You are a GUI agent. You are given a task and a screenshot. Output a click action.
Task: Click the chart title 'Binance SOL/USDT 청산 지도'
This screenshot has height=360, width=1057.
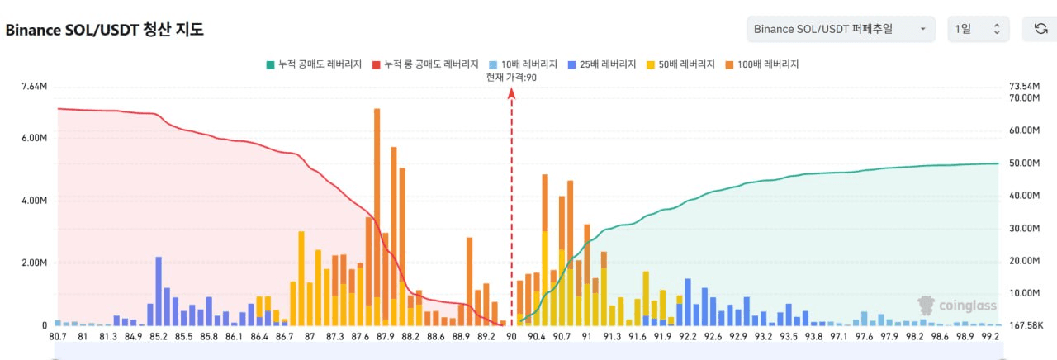[x=105, y=30]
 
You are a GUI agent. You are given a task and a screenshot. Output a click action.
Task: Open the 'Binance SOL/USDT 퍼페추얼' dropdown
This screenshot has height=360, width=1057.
[x=840, y=29]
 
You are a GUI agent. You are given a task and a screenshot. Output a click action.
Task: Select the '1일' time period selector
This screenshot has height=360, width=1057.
[x=978, y=29]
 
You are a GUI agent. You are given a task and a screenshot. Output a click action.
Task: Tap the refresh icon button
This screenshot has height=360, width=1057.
[x=1040, y=29]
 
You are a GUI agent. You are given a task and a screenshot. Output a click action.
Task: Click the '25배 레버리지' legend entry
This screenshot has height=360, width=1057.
[x=601, y=64]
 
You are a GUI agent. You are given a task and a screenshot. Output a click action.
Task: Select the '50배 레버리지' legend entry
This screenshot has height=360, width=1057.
[x=681, y=64]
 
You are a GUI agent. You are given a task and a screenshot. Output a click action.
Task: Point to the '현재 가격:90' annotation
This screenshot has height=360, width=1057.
[x=512, y=78]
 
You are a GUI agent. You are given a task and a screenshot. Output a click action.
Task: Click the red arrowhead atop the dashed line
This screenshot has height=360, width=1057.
[x=512, y=93]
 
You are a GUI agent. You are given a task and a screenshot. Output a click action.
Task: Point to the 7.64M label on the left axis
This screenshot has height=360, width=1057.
[x=33, y=87]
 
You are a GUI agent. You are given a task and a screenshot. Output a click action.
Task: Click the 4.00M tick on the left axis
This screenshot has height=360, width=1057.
[x=33, y=201]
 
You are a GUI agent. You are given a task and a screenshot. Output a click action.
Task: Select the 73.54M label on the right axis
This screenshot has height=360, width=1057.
[x=1024, y=87]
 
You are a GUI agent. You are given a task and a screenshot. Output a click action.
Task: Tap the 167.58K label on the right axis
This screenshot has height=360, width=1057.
[x=1026, y=325]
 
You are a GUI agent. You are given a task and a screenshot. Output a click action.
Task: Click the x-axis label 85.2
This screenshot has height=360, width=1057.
[x=159, y=337]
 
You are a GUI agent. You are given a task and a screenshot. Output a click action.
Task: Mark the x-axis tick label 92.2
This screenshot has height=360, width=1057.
[x=689, y=337]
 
